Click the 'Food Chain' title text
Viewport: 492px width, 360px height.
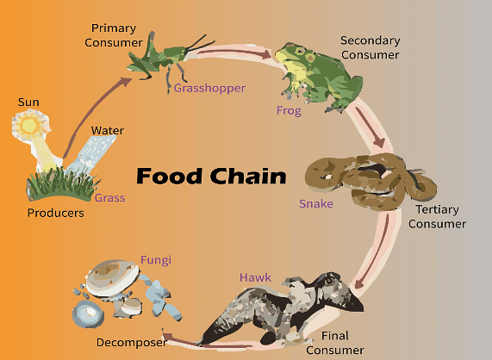coord(212,177)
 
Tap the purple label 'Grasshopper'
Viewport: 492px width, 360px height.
coord(209,88)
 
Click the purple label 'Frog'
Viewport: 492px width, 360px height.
coord(289,110)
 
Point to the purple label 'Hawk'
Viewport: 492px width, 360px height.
coord(256,277)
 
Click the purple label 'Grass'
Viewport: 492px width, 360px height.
coord(109,198)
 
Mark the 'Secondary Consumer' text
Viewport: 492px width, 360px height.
coord(370,47)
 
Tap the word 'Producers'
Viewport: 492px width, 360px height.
coord(55,213)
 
